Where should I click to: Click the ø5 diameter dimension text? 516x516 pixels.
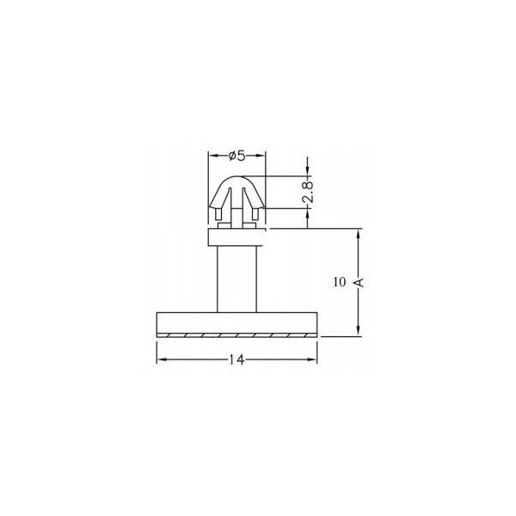[x=236, y=156]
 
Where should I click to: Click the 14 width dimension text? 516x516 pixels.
[x=236, y=360]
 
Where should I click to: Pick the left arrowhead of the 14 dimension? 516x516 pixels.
[x=160, y=360]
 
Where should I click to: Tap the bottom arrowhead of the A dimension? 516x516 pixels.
[x=358, y=332]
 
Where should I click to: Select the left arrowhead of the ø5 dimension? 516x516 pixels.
[x=213, y=157]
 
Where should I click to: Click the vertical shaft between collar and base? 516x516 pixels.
[x=236, y=279]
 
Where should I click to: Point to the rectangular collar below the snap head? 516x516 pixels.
[x=236, y=237]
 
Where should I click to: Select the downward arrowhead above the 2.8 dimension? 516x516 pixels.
[x=306, y=172]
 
